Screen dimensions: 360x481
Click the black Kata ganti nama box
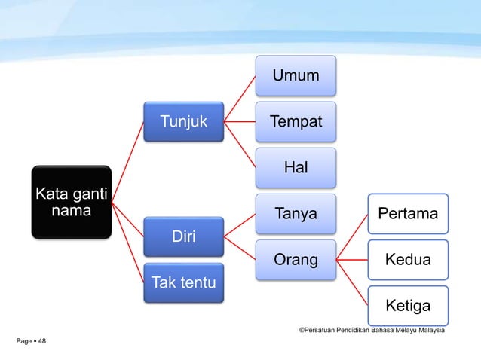click(x=71, y=202)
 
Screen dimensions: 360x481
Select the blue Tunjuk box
click(x=183, y=121)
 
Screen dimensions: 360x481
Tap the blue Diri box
click(x=183, y=236)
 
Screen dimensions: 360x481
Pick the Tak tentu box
click(x=183, y=282)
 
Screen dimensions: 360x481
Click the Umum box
click(x=296, y=75)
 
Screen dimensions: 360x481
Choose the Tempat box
click(x=296, y=121)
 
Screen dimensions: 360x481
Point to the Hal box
click(x=296, y=167)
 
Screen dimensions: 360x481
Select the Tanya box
click(x=296, y=214)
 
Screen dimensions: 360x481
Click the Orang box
click(x=296, y=260)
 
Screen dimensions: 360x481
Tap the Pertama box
click(x=408, y=214)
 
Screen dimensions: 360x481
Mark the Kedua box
click(x=408, y=260)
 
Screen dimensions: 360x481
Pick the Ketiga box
click(x=408, y=306)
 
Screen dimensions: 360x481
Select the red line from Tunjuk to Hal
click(x=240, y=144)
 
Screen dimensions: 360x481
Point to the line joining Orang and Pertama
click(x=352, y=237)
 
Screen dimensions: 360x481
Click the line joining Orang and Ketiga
click(x=352, y=282)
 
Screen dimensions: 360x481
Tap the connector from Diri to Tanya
click(x=240, y=225)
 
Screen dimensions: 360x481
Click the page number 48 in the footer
click(x=41, y=342)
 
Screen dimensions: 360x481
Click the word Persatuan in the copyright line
click(x=321, y=330)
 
